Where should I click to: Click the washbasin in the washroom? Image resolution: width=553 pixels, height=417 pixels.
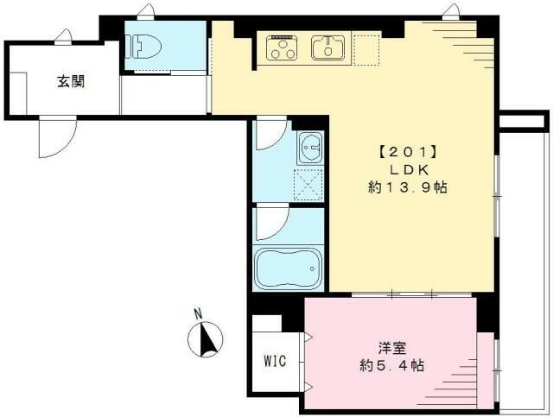(x=309, y=151)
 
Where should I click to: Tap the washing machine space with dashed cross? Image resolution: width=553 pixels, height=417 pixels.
(x=308, y=183)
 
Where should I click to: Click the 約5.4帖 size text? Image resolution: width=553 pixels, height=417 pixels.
(x=392, y=366)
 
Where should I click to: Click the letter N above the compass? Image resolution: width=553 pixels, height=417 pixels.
(x=197, y=314)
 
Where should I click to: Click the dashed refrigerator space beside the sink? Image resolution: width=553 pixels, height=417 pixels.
(x=366, y=49)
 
